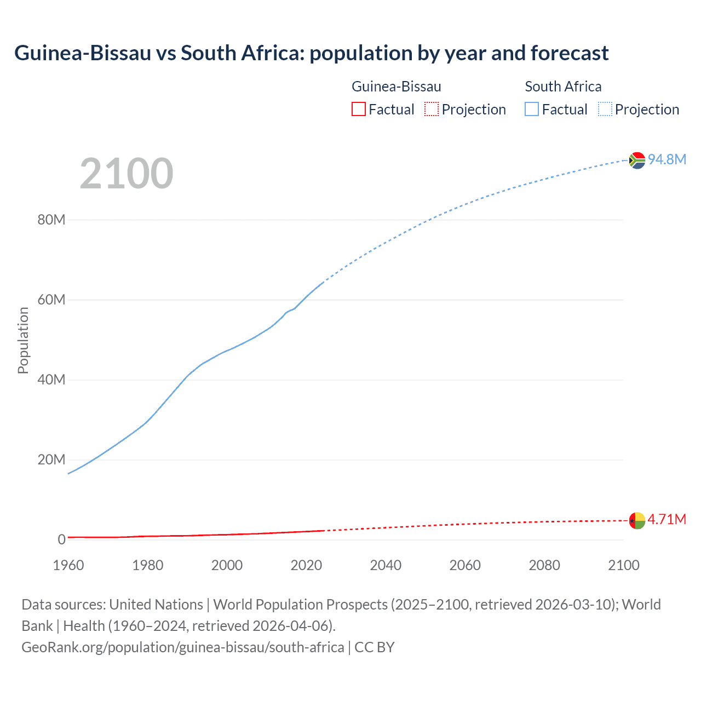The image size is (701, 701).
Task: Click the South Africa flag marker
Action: (x=637, y=160)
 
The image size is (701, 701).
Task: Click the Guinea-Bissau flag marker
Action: (x=637, y=520)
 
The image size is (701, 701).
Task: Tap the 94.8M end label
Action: (x=666, y=159)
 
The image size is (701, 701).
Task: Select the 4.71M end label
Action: (x=666, y=519)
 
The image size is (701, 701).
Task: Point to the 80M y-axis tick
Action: (x=51, y=220)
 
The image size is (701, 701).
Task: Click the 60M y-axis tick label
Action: (x=51, y=300)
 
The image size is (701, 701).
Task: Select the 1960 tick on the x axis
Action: (x=68, y=565)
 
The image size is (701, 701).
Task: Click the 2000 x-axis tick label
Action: (x=227, y=565)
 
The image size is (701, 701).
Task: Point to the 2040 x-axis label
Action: (x=386, y=565)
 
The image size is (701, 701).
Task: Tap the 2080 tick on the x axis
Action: (x=544, y=565)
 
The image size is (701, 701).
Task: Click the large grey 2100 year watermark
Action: (x=127, y=174)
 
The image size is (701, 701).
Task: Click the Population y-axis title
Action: (x=23, y=340)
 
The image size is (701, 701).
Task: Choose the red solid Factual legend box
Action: (x=359, y=110)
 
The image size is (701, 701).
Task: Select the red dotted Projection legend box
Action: (x=432, y=110)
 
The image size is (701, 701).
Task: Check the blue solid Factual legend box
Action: (x=532, y=110)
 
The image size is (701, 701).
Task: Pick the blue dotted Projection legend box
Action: (x=605, y=110)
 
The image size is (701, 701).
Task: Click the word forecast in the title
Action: (x=570, y=53)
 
